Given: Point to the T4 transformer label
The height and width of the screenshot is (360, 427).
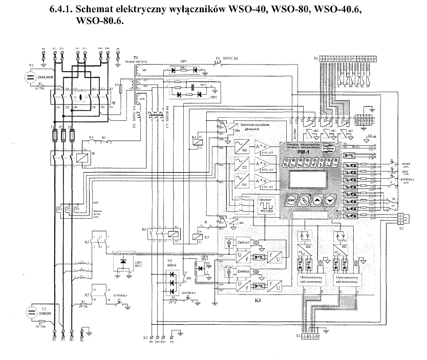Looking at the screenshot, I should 135,58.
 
